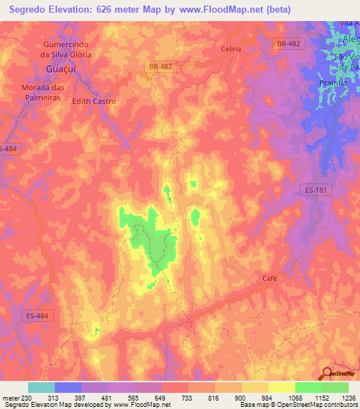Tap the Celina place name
pos(231,49)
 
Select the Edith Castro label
pos(94,101)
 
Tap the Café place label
pos(271,278)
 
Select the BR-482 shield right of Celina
pos(288,44)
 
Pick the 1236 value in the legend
pos(349,397)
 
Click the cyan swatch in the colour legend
pos(41,387)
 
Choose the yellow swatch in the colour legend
pos(281,387)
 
